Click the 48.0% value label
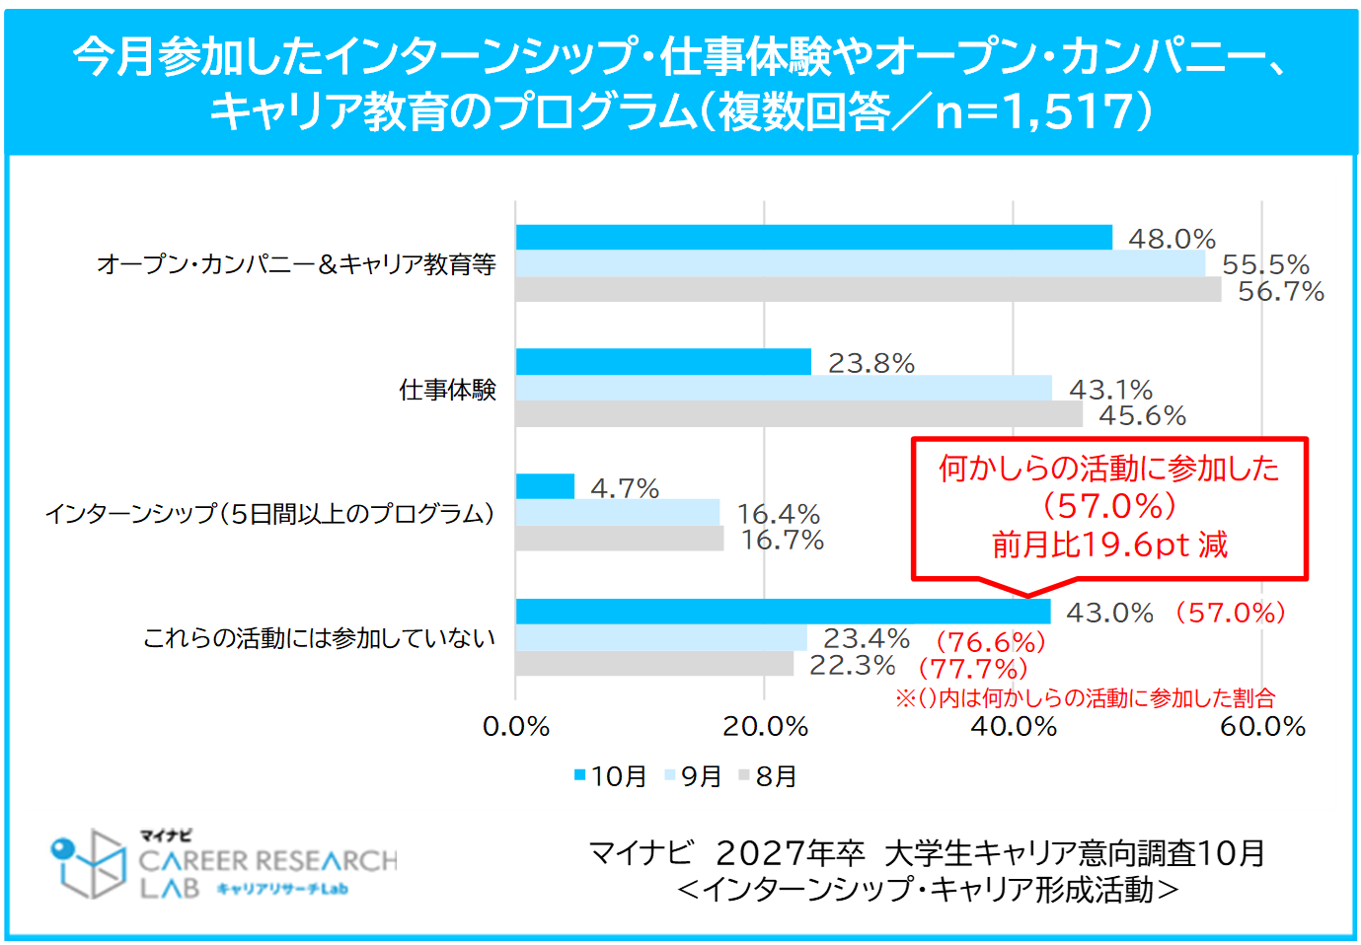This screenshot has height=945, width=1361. click(1172, 239)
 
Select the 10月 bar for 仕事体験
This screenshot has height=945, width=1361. click(663, 362)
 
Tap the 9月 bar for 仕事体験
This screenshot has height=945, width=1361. click(784, 389)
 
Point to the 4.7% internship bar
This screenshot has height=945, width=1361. click(545, 486)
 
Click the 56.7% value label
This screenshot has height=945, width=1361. click(1280, 292)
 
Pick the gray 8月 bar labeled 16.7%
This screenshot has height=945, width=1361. click(620, 539)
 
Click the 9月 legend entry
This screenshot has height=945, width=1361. click(694, 776)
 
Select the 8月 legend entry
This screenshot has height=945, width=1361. click(768, 776)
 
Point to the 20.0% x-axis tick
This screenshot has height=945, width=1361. click(765, 727)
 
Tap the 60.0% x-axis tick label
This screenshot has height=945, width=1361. click(1262, 727)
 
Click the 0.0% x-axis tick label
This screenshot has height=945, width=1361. click(516, 727)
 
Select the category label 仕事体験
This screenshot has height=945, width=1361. click(447, 390)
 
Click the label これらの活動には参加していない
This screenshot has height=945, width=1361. click(319, 638)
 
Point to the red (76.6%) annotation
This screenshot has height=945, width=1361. click(990, 642)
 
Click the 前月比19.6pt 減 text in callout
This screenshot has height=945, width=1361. click(1109, 545)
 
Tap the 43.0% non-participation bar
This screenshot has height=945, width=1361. click(783, 612)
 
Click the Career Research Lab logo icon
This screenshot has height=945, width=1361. click(87, 863)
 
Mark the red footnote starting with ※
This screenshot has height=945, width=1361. click(1085, 698)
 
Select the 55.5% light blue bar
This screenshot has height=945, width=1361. click(860, 263)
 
